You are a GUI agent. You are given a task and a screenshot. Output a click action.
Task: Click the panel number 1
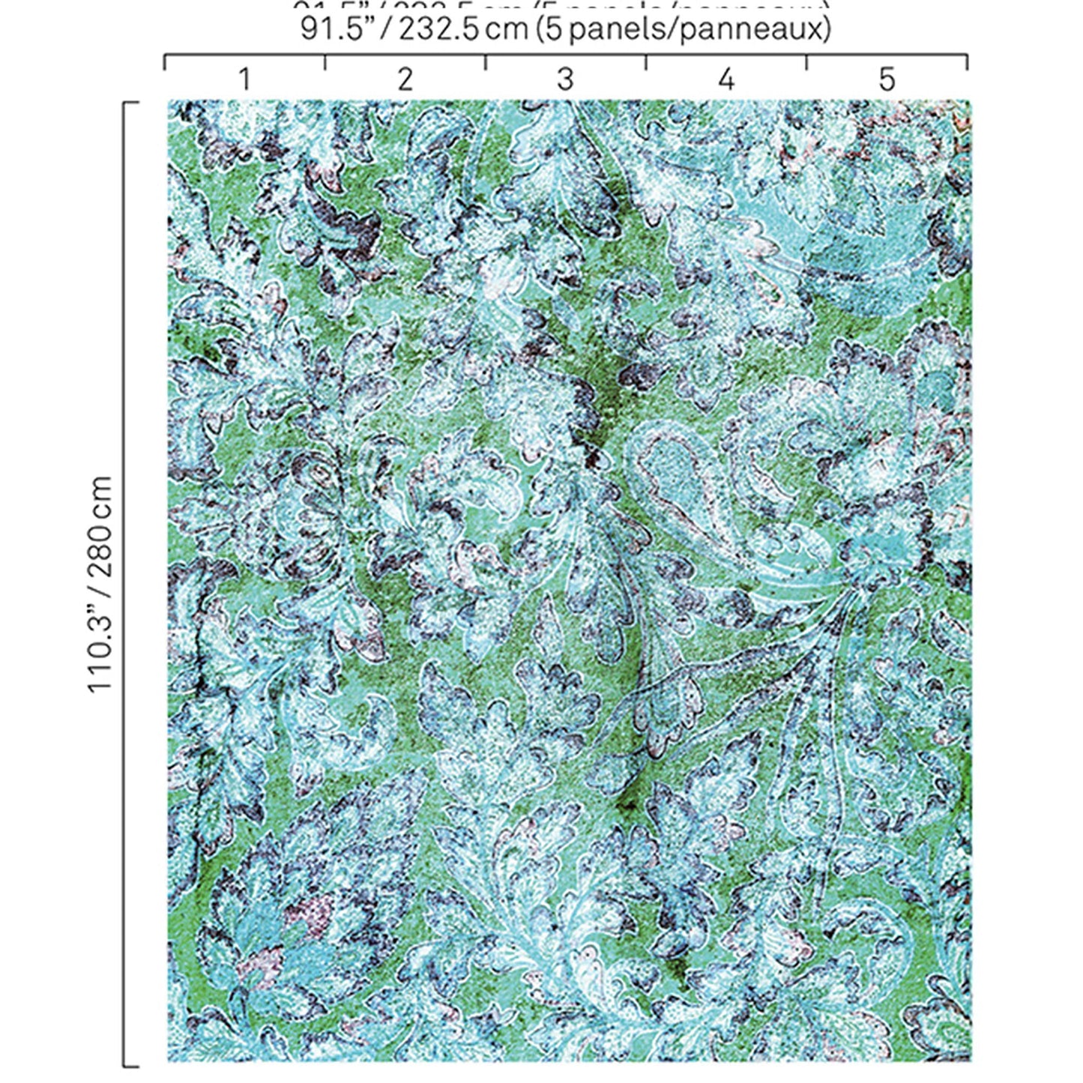(x=244, y=79)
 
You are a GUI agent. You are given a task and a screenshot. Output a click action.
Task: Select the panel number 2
(x=405, y=79)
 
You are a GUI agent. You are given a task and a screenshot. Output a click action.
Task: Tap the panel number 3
(x=565, y=79)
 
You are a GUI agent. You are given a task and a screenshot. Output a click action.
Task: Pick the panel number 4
(x=725, y=79)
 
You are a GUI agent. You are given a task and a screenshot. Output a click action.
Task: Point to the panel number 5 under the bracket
(x=887, y=79)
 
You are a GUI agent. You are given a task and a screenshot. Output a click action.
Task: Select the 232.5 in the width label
(x=438, y=30)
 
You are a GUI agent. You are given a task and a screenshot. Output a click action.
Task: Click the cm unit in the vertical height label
(x=100, y=492)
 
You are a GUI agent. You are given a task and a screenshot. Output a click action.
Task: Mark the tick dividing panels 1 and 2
(x=325, y=62)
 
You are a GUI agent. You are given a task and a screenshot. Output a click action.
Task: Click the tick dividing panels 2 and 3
(x=486, y=62)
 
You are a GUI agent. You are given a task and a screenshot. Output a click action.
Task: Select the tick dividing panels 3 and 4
(x=646, y=62)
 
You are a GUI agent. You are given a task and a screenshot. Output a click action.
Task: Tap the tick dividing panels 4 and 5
(x=806, y=62)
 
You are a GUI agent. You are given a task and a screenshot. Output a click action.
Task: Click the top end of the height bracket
(x=130, y=103)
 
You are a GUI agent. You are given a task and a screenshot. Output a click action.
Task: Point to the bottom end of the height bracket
(x=130, y=1065)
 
